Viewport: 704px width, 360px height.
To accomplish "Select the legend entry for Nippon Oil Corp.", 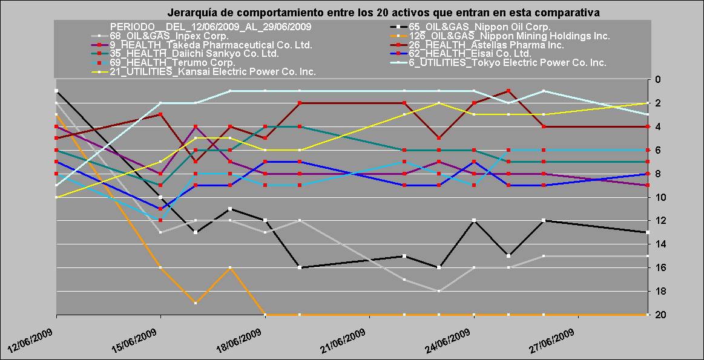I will pos(479,27).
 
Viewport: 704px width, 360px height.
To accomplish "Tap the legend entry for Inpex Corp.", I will pos(169,36).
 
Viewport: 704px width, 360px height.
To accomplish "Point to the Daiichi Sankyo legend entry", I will pos(194,54).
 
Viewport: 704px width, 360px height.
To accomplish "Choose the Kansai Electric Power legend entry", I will pos(212,72).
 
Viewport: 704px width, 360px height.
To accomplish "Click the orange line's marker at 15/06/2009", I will pos(160,267).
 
